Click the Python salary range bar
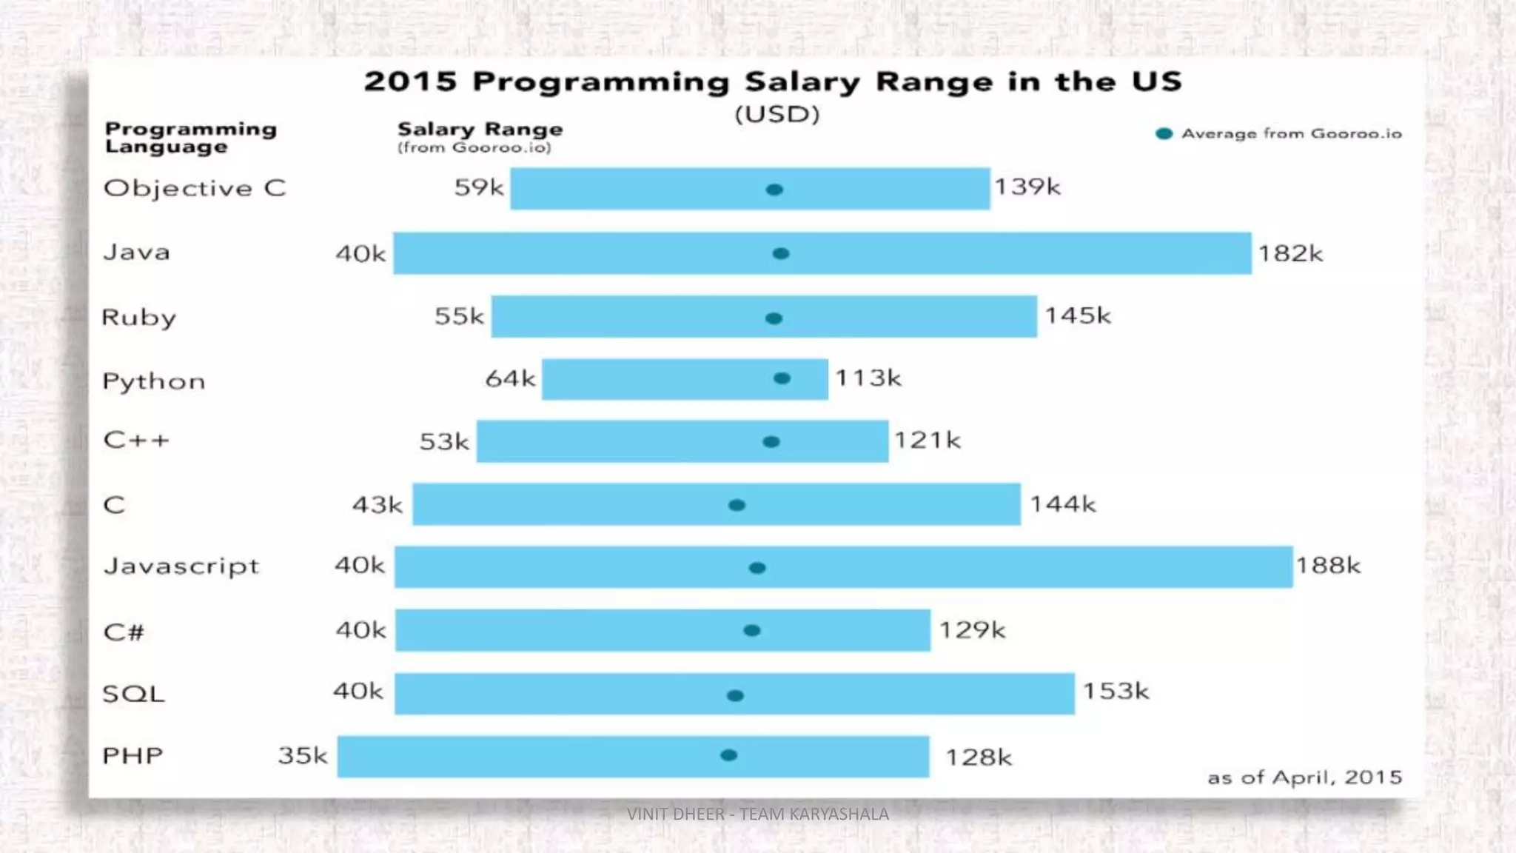(685, 379)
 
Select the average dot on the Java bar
(781, 254)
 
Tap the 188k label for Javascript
(1328, 566)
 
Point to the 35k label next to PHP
(302, 755)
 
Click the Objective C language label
(195, 188)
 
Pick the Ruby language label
(139, 317)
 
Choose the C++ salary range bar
(682, 441)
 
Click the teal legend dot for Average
(1164, 134)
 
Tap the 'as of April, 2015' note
(1304, 777)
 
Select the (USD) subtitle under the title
(777, 115)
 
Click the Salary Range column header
(480, 130)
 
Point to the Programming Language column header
(190, 138)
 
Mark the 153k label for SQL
(1116, 692)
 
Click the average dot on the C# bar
(752, 631)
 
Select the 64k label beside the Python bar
(510, 378)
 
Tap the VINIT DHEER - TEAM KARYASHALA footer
(757, 814)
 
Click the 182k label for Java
(1290, 254)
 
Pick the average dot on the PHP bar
(729, 755)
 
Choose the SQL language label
(133, 694)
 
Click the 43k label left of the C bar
(377, 505)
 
